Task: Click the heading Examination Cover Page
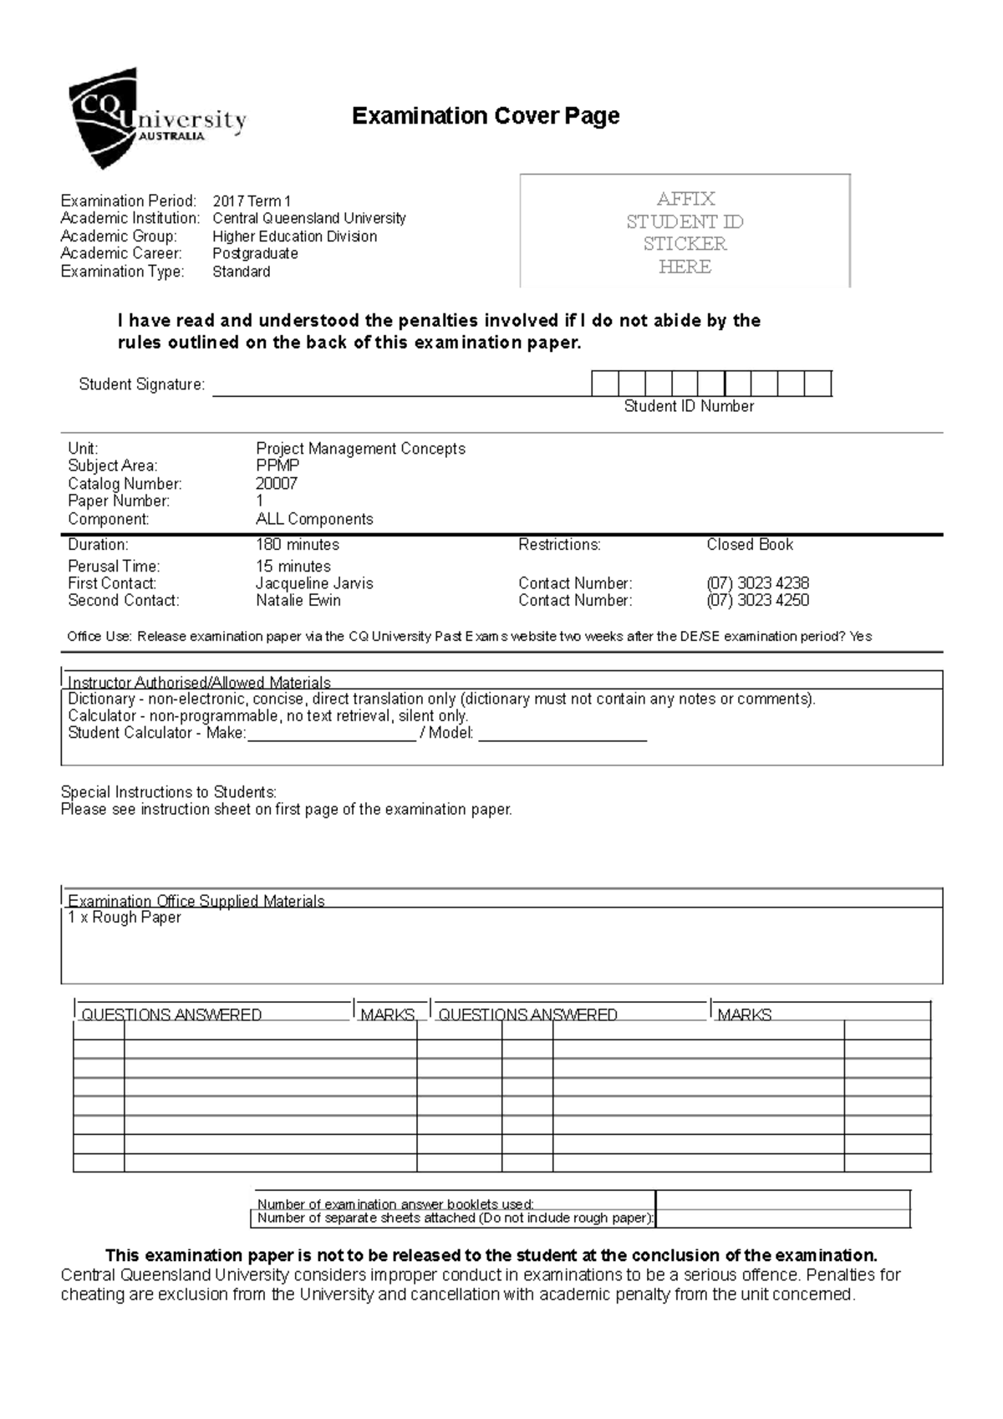[485, 115]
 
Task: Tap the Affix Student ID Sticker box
[685, 232]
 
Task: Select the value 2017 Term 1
[252, 201]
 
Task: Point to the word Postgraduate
[255, 253]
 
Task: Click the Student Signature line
[401, 389]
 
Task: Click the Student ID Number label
[689, 406]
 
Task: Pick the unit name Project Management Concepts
[360, 449]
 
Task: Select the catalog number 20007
[277, 483]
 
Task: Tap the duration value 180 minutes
[298, 545]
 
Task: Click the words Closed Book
[750, 545]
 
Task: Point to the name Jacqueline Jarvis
[314, 583]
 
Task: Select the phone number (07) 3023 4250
[757, 600]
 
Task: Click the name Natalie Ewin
[298, 600]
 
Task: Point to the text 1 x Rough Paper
[125, 918]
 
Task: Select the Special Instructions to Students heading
[168, 791]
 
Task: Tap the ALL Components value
[314, 519]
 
